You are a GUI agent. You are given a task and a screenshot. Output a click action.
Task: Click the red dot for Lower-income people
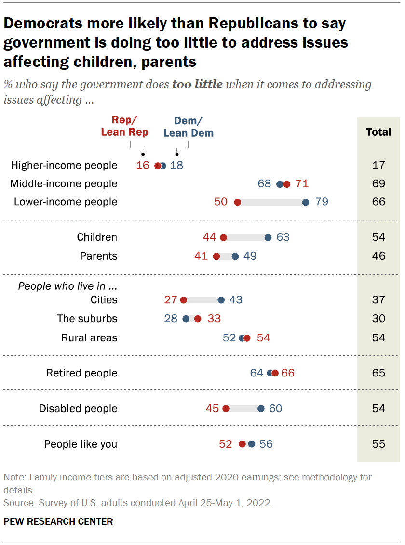tap(237, 202)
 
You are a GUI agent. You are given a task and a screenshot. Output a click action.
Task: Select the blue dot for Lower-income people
tap(305, 202)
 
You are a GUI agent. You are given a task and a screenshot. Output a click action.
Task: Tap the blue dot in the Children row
tap(268, 237)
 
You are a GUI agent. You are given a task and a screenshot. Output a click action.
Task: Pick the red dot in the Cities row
tap(183, 300)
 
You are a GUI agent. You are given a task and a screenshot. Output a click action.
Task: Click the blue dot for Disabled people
tap(261, 409)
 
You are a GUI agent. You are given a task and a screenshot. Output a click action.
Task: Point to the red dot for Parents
tap(216, 256)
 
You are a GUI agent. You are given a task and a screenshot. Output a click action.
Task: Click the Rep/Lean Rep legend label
tap(124, 127)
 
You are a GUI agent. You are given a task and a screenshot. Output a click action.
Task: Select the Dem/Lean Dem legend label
tap(188, 127)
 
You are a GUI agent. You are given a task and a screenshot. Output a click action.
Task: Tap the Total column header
tap(378, 132)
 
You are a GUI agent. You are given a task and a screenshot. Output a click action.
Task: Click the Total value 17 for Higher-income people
tap(378, 166)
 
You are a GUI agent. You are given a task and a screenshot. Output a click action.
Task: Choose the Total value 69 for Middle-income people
tap(378, 184)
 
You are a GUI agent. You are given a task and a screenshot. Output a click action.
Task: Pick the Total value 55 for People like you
tap(378, 444)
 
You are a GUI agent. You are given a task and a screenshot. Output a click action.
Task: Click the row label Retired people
tap(81, 373)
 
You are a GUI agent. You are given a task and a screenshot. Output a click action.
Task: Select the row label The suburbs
tap(87, 319)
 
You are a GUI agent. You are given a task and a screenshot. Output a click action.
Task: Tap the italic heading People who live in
tap(67, 286)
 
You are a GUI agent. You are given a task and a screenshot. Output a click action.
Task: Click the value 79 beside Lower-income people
tap(322, 202)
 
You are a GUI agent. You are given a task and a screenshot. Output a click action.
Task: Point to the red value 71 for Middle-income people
tap(302, 184)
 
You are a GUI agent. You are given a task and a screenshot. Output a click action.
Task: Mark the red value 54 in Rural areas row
tap(264, 338)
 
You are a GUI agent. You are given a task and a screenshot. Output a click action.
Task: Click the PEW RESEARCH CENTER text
tap(58, 521)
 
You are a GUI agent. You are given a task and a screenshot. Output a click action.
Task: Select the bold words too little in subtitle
tap(197, 85)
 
